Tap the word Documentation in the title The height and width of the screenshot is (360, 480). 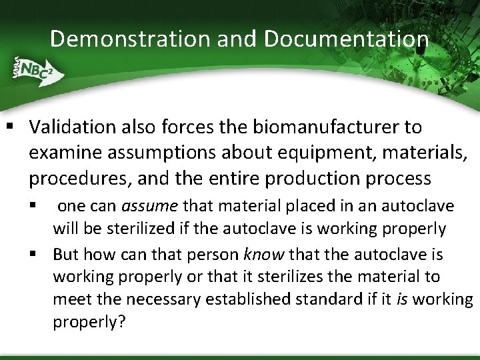(347, 39)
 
